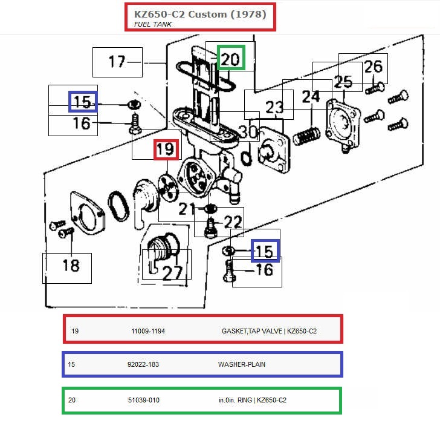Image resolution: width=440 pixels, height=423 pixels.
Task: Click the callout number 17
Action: point(117,62)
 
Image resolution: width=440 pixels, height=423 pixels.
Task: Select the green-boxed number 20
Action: point(231,59)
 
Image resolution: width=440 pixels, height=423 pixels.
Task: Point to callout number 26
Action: point(374,66)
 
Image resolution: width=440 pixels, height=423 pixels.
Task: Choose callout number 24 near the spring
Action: point(311,96)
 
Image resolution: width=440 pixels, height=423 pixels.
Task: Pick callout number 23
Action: point(274,108)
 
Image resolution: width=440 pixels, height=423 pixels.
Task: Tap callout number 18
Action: point(71,264)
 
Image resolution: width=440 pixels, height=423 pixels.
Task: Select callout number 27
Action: point(172,272)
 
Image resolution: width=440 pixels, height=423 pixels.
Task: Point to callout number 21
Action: point(187,209)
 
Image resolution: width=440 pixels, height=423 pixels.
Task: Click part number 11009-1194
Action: point(148,331)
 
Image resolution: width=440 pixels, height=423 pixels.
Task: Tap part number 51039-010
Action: point(144,400)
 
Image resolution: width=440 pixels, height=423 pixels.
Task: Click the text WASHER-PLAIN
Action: point(242,365)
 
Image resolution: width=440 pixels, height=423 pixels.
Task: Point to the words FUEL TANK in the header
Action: point(153,24)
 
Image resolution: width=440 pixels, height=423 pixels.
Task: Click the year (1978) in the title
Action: point(247,13)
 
